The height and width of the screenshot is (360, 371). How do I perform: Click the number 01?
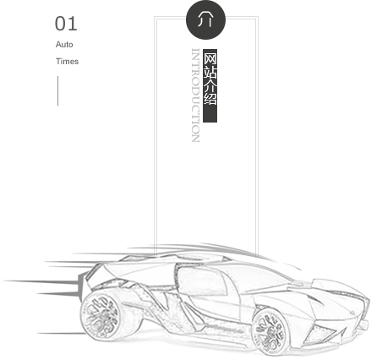pyautogui.click(x=66, y=24)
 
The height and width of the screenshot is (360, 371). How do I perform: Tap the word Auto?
pyautogui.click(x=64, y=45)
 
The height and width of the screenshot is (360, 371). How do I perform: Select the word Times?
pyautogui.click(x=67, y=62)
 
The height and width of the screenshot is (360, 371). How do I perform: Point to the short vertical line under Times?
pyautogui.click(x=58, y=90)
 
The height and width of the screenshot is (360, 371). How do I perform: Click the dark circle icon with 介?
pyautogui.click(x=205, y=19)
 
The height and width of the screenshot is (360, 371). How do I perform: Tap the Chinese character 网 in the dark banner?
pyautogui.click(x=210, y=57)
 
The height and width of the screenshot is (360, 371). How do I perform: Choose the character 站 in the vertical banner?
pyautogui.click(x=210, y=72)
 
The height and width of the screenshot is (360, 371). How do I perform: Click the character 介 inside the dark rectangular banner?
pyautogui.click(x=210, y=85)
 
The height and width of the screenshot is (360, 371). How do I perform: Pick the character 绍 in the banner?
pyautogui.click(x=210, y=99)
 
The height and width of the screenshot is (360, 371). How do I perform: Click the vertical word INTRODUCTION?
pyautogui.click(x=195, y=95)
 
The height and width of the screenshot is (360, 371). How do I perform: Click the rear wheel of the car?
pyautogui.click(x=102, y=314)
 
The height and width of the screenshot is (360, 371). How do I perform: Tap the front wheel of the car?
pyautogui.click(x=271, y=331)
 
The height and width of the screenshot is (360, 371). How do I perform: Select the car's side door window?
pyautogui.click(x=201, y=281)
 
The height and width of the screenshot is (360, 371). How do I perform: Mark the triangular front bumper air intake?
pyautogui.click(x=321, y=335)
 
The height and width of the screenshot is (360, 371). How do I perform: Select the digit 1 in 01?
pyautogui.click(x=73, y=24)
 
